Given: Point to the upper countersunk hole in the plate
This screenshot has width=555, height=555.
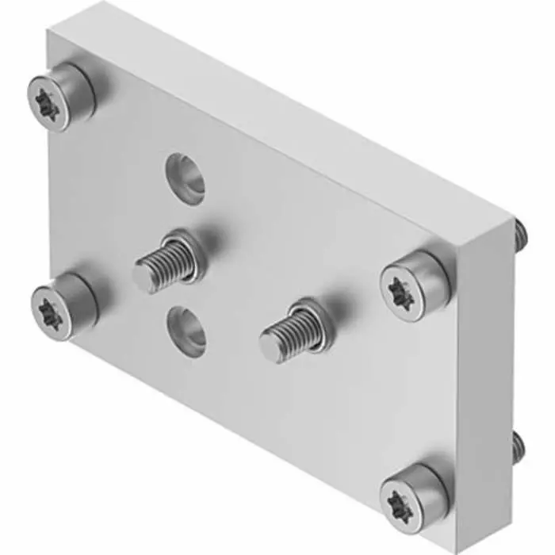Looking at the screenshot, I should (185, 175).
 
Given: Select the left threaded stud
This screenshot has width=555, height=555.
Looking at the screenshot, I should (168, 262).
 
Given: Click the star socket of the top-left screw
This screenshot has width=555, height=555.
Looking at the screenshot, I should (47, 105).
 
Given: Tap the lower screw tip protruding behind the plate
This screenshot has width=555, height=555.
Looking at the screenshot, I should (519, 449).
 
